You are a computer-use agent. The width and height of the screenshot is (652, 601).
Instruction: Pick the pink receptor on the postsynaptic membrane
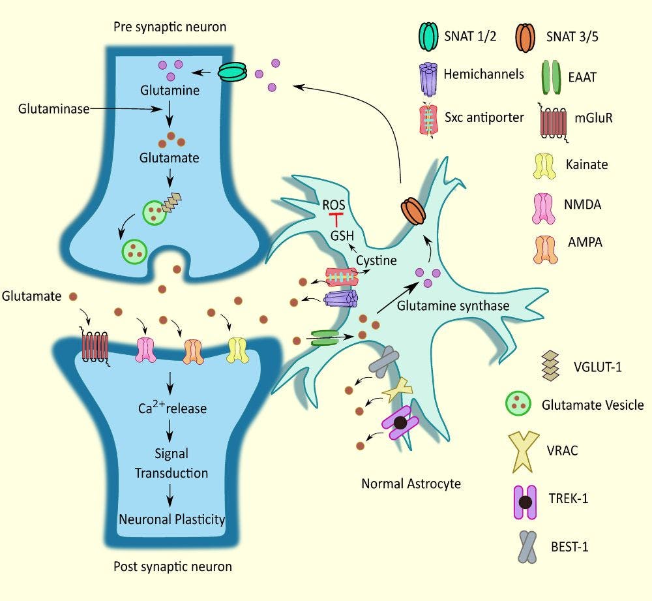coord(145,350)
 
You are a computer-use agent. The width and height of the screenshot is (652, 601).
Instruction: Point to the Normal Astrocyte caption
coord(411,484)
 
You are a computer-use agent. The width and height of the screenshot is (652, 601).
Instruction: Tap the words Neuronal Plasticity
coord(171,520)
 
